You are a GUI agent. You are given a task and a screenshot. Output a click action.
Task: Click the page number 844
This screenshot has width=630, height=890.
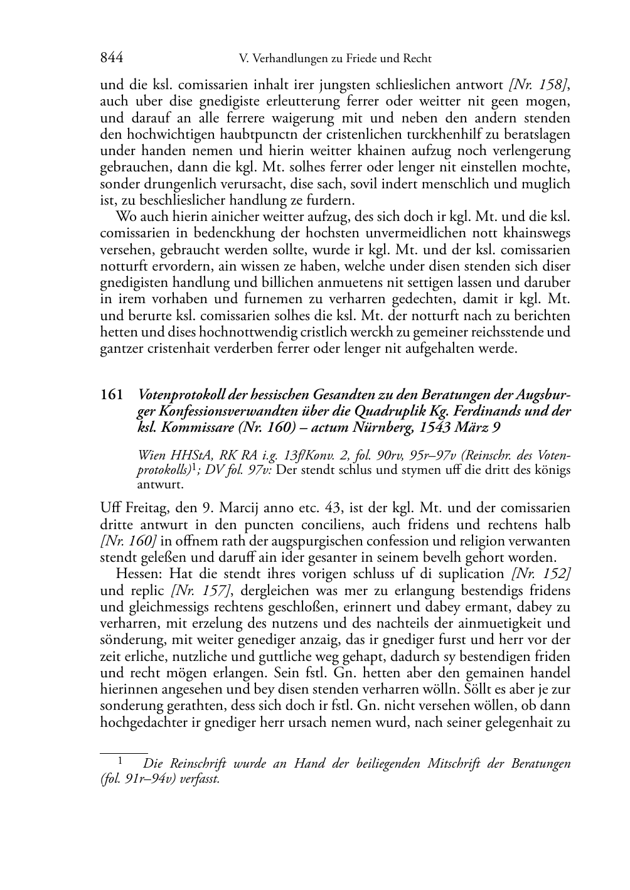coord(112,58)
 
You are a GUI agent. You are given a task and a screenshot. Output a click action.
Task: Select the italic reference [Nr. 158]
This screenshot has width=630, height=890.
coord(539,85)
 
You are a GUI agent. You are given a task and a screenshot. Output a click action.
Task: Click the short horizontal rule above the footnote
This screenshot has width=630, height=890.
coord(124,751)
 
